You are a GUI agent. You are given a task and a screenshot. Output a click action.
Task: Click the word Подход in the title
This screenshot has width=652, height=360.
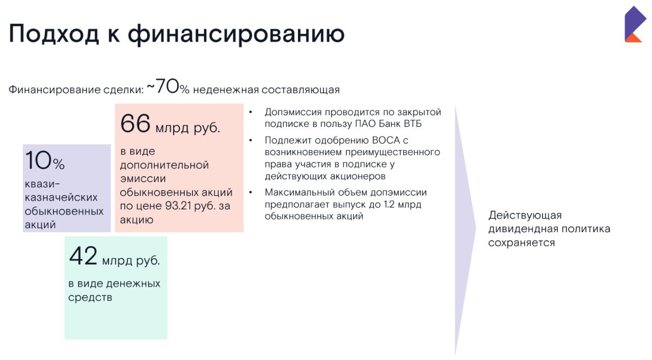click(x=54, y=34)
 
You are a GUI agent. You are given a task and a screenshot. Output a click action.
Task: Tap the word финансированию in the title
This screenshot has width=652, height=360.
click(x=236, y=34)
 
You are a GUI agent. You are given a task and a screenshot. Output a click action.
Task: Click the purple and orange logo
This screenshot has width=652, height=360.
click(x=635, y=24)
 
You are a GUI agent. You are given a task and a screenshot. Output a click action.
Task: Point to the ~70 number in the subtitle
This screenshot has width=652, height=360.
click(x=162, y=86)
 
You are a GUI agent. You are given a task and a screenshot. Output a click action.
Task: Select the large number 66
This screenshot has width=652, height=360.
click(x=135, y=123)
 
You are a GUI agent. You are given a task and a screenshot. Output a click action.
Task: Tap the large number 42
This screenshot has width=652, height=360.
click(x=83, y=256)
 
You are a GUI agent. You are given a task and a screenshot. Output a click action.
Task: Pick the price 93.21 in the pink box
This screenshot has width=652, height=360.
click(x=178, y=206)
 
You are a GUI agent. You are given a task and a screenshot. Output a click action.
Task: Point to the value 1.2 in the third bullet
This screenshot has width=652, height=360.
click(x=389, y=204)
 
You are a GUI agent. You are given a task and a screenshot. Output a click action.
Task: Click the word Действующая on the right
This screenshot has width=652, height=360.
click(x=525, y=215)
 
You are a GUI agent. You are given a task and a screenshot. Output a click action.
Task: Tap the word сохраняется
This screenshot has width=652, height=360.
click(x=522, y=243)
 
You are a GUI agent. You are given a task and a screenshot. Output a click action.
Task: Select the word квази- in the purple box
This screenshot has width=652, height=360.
click(x=42, y=184)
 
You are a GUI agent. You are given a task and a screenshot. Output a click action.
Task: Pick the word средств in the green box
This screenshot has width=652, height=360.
click(x=90, y=297)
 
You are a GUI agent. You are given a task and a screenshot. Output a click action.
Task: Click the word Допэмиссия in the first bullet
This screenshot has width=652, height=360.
click(x=293, y=112)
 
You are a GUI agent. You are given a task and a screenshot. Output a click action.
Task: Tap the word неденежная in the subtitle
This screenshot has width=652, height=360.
click(x=226, y=90)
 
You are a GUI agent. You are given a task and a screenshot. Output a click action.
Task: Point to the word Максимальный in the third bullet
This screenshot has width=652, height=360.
click(x=301, y=192)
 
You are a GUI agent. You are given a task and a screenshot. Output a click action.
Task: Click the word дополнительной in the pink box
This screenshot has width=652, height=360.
click(x=165, y=165)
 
